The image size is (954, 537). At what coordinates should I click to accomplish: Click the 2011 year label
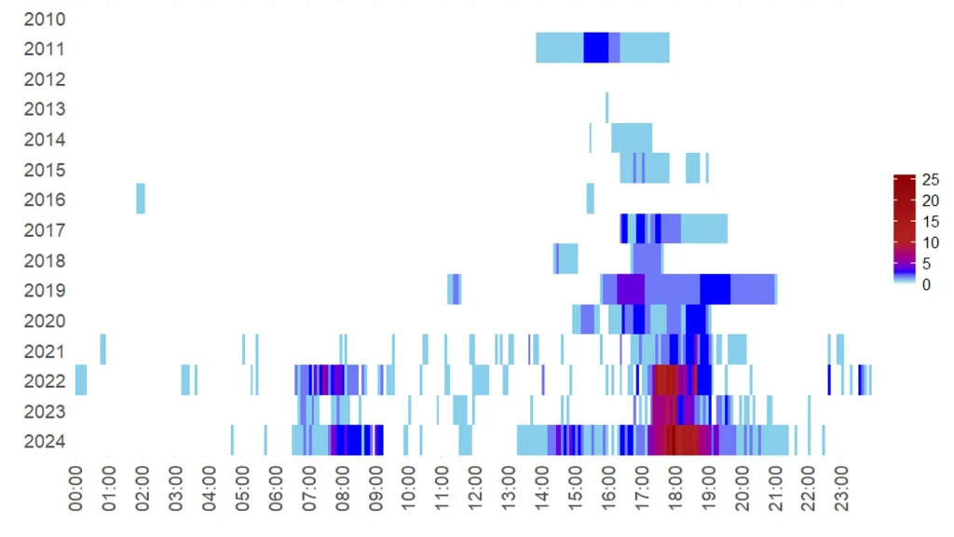tap(45, 48)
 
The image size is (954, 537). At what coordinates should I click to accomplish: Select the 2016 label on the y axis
tap(45, 200)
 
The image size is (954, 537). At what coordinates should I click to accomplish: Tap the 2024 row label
tap(45, 441)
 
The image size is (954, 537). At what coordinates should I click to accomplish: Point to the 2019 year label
tap(45, 290)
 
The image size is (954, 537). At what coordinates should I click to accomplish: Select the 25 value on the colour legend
tap(930, 180)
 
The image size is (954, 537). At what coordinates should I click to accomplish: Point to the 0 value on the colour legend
tap(925, 284)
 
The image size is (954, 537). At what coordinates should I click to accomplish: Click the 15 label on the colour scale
tap(930, 222)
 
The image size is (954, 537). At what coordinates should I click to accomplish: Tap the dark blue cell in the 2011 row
tap(595, 48)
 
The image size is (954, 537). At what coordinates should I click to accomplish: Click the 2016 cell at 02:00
tap(141, 199)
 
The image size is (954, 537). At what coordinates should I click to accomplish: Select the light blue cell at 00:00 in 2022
tap(81, 380)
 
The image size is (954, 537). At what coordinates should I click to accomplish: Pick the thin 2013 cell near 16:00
tap(606, 108)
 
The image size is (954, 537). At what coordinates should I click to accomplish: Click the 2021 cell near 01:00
tap(102, 350)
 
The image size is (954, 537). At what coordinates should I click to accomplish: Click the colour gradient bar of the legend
tap(903, 228)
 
